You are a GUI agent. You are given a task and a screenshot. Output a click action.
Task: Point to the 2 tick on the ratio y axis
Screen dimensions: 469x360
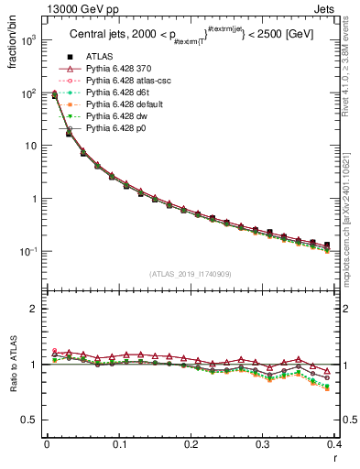35,309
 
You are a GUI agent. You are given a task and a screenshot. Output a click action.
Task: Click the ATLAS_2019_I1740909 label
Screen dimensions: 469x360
191,274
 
